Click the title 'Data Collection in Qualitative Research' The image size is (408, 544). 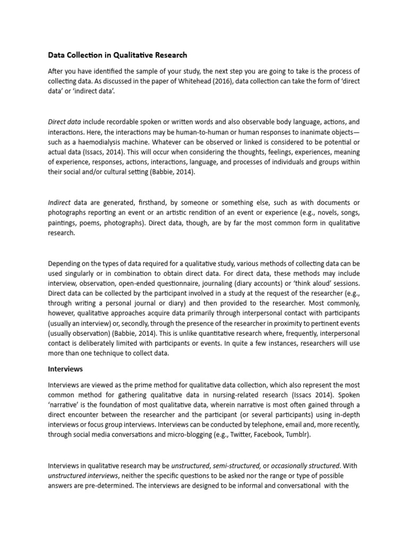click(117, 55)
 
